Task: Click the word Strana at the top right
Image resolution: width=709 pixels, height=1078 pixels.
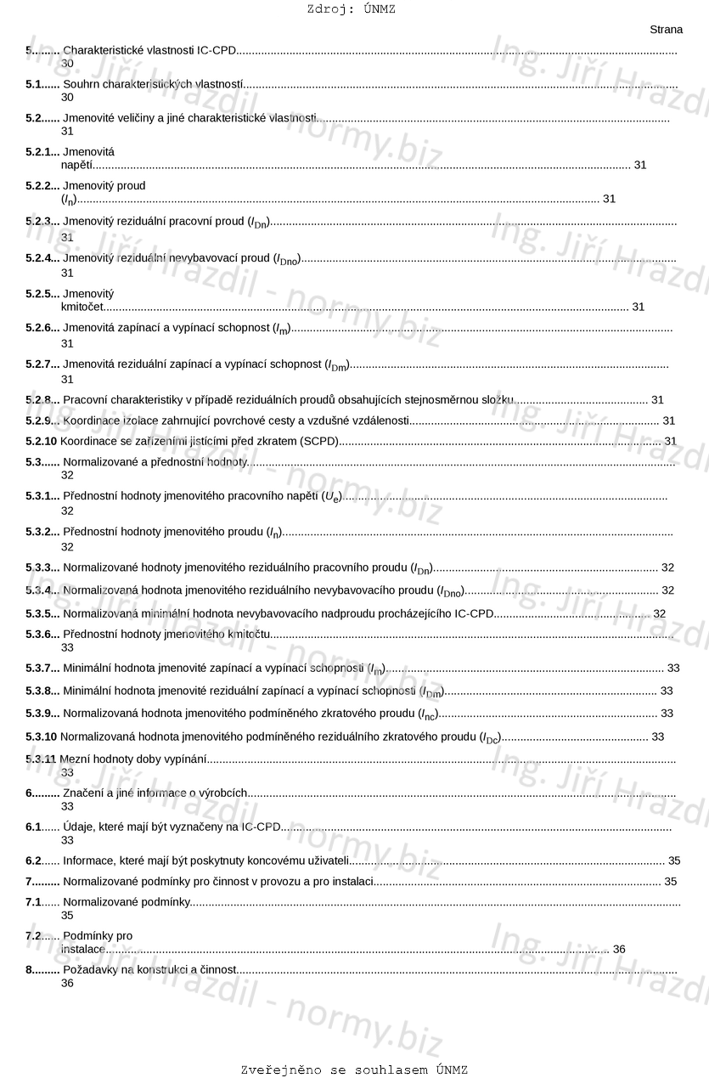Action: [666, 30]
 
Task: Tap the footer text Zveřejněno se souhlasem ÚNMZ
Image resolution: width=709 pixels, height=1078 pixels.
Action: [354, 1070]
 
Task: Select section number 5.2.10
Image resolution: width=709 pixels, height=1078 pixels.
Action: [41, 441]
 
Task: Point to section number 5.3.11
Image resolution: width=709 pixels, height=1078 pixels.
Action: [41, 758]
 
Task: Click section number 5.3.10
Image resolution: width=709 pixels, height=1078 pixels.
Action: [41, 737]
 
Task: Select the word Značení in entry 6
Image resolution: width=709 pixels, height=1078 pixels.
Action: [83, 793]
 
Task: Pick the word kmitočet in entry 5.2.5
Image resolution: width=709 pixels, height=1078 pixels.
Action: [82, 307]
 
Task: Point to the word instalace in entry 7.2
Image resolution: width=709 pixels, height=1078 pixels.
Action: [83, 949]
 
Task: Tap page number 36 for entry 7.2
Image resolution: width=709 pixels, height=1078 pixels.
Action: [619, 949]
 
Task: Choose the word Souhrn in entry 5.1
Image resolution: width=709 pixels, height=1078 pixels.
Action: [82, 84]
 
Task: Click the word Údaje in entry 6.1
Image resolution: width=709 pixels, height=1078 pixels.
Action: [80, 827]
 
